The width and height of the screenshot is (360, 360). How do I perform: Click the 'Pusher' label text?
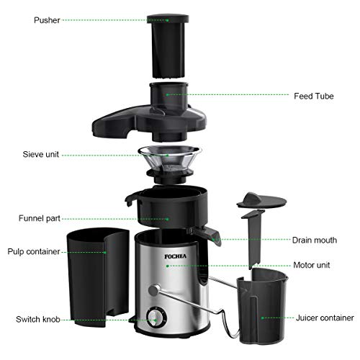tap(27, 20)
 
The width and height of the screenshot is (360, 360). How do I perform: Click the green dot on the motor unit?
tap(167, 265)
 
